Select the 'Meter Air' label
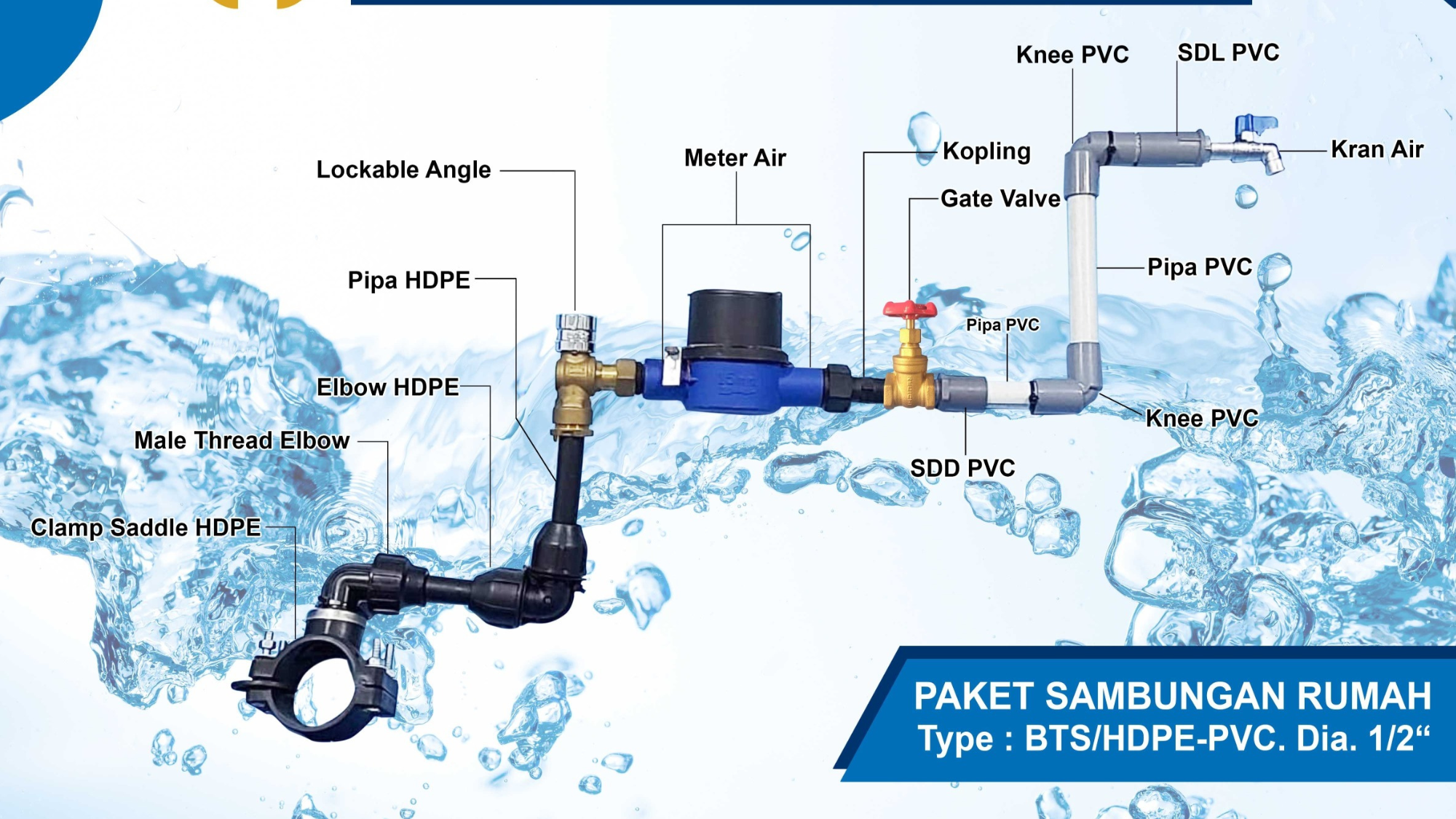click(x=735, y=158)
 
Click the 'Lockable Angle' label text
click(x=403, y=170)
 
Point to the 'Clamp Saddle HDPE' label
click(x=146, y=527)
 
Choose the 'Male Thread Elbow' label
click(x=242, y=440)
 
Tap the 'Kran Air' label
click(x=1377, y=149)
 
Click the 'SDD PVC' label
click(x=962, y=468)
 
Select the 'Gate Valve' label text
click(x=1000, y=198)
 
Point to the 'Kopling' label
click(x=986, y=151)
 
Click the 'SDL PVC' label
click(x=1228, y=52)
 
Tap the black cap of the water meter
click(x=735, y=320)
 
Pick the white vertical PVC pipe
click(x=1083, y=269)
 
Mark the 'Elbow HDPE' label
click(x=387, y=387)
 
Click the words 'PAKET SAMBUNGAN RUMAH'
click(x=1172, y=696)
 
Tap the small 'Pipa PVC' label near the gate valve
click(x=1002, y=325)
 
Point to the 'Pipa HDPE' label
click(x=408, y=280)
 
